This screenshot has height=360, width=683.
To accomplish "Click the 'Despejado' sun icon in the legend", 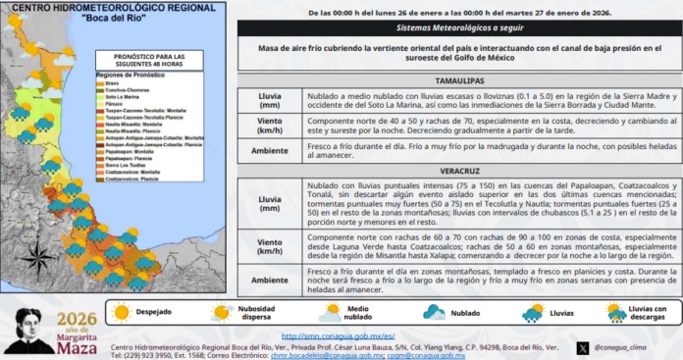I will pos(122,312).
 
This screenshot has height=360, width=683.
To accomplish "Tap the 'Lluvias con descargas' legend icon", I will pos(616,312).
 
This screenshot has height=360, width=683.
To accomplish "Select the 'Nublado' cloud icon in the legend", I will pos(434,312).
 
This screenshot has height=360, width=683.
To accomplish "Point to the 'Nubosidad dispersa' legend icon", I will pos(222,312).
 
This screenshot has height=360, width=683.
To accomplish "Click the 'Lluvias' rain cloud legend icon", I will pos(533,312).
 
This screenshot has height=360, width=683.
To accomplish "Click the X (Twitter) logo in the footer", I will pos(583,347).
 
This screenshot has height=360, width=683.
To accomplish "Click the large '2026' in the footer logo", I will pos(78,318).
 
